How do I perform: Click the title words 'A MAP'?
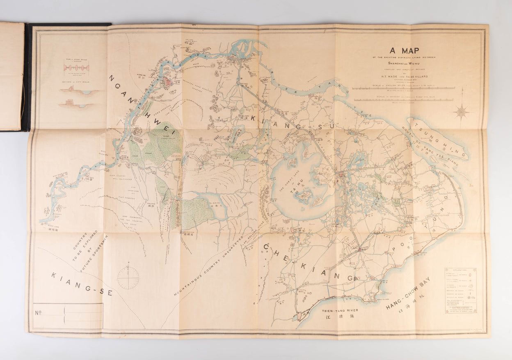point(404,51)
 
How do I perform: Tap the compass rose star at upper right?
point(461,111)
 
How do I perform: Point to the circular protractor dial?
point(128,278)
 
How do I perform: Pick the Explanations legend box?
point(460,291)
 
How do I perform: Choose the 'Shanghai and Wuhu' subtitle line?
point(404,63)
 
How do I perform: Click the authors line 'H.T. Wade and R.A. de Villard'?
point(404,76)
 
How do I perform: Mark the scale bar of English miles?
point(403,88)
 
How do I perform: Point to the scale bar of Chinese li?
point(403,100)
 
